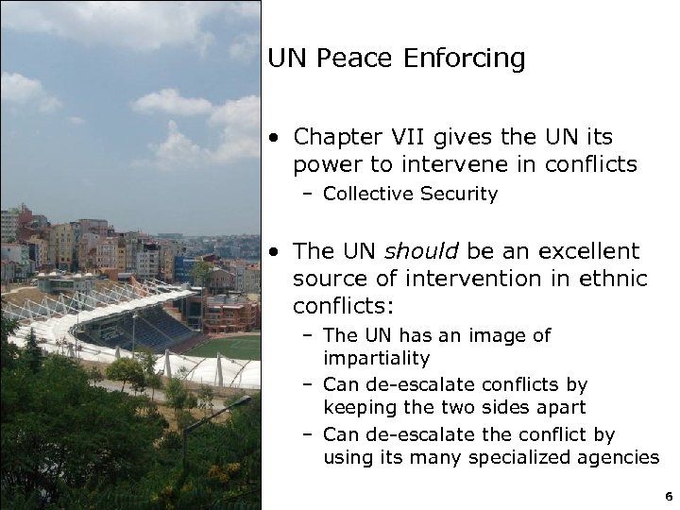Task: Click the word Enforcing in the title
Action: tap(464, 59)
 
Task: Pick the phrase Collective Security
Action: tap(410, 195)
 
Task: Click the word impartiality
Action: tap(376, 359)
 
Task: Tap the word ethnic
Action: tap(614, 280)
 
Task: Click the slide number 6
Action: tap(668, 495)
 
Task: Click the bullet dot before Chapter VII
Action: tap(273, 138)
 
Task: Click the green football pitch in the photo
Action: tap(227, 348)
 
